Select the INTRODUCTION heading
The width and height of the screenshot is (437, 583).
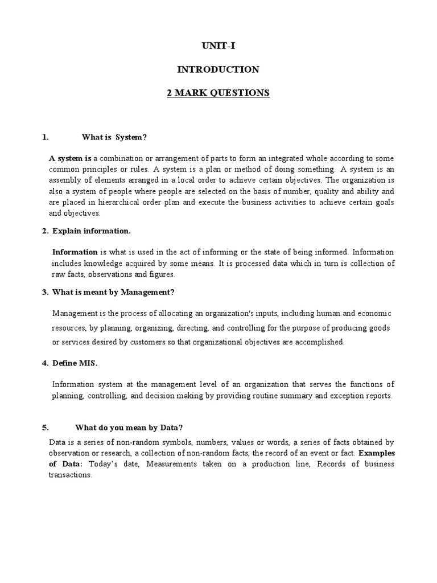point(218,69)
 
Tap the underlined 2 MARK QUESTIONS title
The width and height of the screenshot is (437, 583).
point(218,93)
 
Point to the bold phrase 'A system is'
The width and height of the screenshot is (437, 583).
point(70,158)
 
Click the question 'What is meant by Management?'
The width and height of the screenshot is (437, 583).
point(113,292)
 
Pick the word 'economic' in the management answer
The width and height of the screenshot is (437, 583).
point(374,313)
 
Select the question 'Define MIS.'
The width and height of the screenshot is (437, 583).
point(79,363)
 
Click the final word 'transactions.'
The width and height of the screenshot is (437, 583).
point(70,475)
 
